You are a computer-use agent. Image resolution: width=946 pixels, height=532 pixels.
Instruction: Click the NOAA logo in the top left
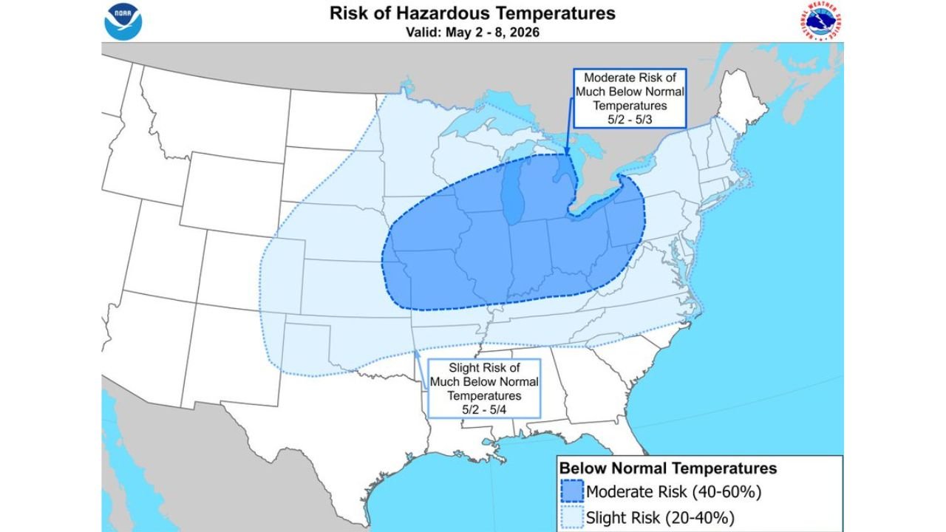point(123,21)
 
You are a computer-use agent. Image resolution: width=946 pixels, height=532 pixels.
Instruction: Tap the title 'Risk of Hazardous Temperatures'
point(472,13)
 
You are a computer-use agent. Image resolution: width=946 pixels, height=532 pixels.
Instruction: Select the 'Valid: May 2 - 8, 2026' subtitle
point(472,33)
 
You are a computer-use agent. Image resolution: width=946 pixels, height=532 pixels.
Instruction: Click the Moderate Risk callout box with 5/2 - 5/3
point(630,98)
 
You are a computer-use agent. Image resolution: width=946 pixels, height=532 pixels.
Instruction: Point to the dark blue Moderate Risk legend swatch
point(571,491)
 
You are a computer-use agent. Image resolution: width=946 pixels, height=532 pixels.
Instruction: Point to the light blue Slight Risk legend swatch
point(571,516)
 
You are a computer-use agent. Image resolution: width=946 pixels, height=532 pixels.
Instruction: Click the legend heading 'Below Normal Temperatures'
point(667,468)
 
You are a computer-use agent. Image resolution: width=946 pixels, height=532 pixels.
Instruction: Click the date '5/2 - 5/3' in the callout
point(630,119)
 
